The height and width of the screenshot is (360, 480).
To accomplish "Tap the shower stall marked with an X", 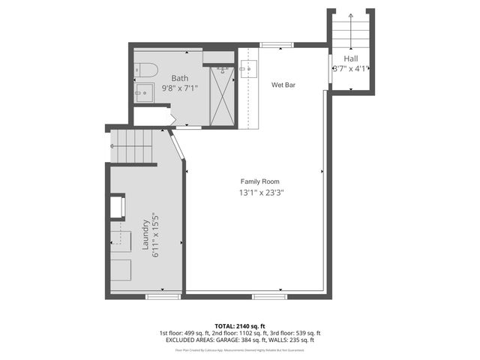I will tap(222, 96).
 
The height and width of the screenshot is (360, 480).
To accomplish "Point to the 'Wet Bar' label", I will tap(283, 85).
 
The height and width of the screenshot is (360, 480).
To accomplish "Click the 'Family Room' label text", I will tap(261, 181).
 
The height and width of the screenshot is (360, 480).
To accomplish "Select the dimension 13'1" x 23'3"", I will tap(261, 193).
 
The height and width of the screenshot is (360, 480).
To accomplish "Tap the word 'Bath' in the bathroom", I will tap(180, 78).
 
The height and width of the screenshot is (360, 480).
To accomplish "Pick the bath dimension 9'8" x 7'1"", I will tap(180, 88).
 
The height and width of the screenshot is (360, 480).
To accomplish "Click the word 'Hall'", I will tap(351, 58).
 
